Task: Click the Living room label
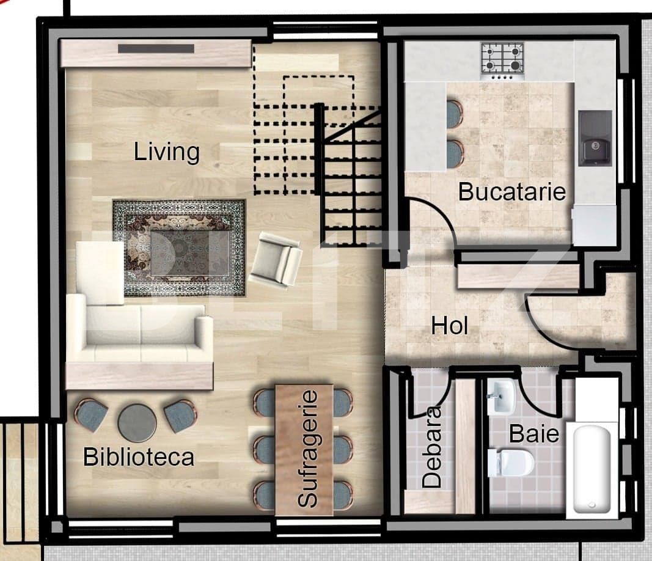(167, 152)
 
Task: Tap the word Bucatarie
(512, 192)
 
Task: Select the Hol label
(450, 325)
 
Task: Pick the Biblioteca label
(139, 457)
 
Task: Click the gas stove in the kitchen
(502, 59)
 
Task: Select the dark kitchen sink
(595, 137)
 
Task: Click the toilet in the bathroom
(510, 463)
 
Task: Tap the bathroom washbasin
(501, 397)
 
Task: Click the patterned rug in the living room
(179, 247)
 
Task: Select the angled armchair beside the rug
(277, 260)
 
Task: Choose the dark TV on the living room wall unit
(156, 49)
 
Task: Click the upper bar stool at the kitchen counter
(454, 114)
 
